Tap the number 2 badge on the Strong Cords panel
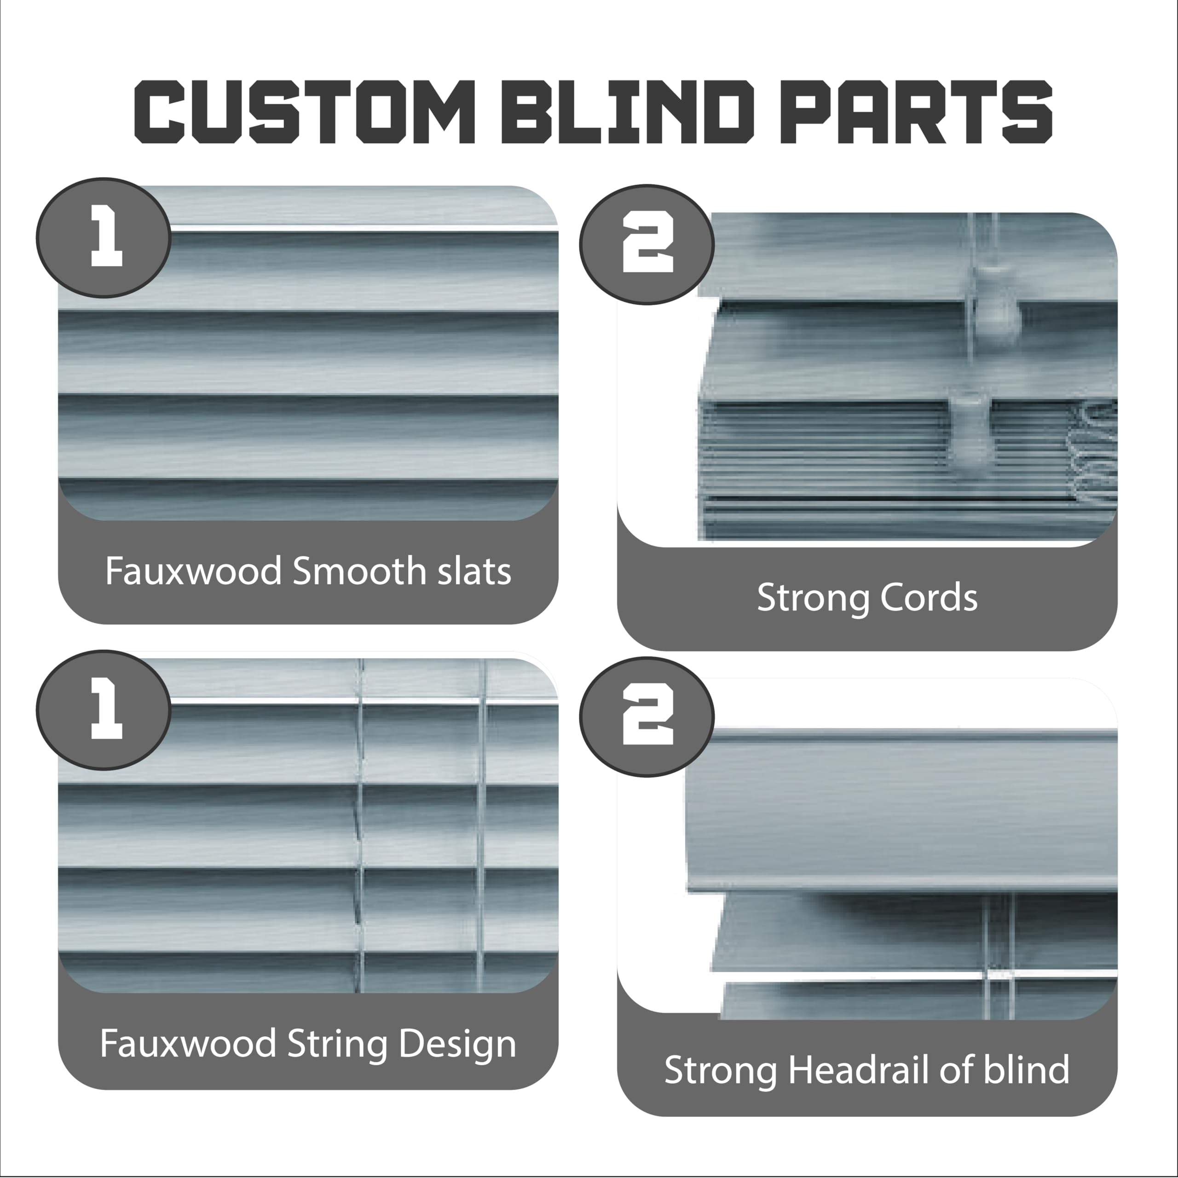click(647, 244)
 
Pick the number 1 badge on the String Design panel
click(104, 710)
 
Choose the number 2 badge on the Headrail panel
click(647, 716)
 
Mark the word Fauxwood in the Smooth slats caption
click(193, 572)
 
